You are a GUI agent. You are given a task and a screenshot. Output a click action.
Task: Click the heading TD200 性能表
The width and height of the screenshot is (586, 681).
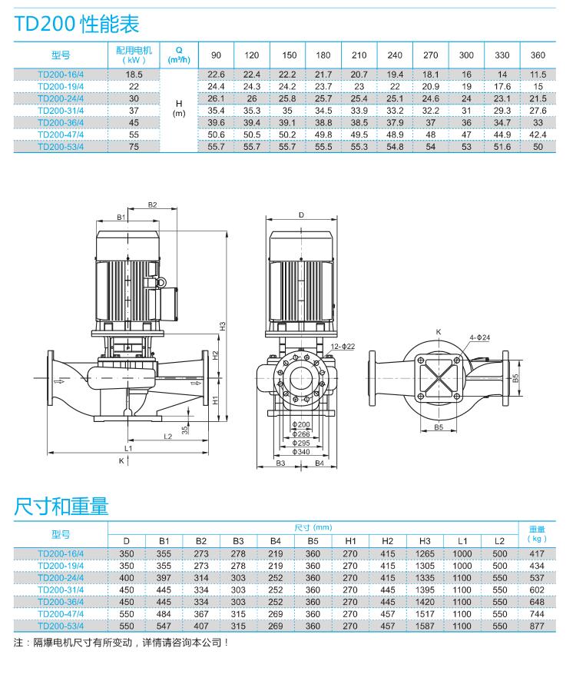pyautogui.click(x=77, y=24)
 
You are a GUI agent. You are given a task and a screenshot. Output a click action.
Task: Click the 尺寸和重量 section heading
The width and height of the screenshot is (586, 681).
pyautogui.click(x=61, y=506)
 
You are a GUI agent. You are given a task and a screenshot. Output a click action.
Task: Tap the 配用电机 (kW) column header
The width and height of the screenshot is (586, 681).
pyautogui.click(x=134, y=55)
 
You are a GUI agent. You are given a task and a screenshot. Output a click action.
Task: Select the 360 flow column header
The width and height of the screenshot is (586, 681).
pyautogui.click(x=538, y=55)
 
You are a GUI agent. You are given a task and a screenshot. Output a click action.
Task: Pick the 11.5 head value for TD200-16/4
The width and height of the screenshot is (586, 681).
pyautogui.click(x=538, y=75)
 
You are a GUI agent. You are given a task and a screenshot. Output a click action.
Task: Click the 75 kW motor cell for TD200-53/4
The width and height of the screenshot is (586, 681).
pyautogui.click(x=134, y=147)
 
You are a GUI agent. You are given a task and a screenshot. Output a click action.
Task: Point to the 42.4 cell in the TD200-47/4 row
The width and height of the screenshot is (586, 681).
pyautogui.click(x=538, y=135)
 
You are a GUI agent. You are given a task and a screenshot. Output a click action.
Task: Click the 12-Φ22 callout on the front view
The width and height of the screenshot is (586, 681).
pyautogui.click(x=343, y=347)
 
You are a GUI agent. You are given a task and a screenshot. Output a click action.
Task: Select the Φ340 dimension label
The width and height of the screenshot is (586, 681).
pyautogui.click(x=300, y=452)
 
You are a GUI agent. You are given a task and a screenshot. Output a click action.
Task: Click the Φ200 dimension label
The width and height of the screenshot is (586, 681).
pyautogui.click(x=300, y=424)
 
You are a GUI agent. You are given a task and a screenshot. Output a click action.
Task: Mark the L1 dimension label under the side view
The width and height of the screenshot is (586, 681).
pyautogui.click(x=128, y=447)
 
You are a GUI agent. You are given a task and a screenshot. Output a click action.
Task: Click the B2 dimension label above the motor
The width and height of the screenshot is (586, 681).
pyautogui.click(x=152, y=204)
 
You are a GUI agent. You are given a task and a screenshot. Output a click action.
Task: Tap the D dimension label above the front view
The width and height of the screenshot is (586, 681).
pyautogui.click(x=301, y=215)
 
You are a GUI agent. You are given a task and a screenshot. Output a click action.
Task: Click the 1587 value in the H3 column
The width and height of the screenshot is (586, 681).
pyautogui.click(x=425, y=626)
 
